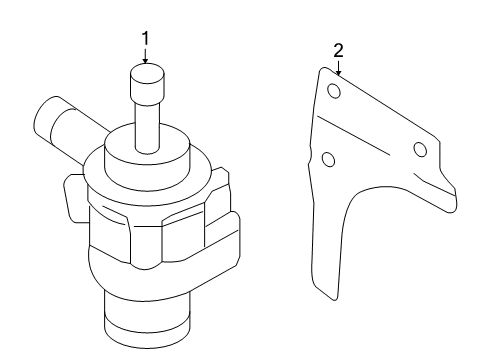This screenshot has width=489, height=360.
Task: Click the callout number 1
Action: tap(145, 38)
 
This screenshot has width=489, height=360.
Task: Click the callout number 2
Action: tap(338, 51)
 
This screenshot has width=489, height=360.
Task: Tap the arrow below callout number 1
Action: tap(145, 56)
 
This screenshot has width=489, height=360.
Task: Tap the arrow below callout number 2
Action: tap(339, 68)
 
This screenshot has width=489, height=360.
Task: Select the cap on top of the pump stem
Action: tap(147, 84)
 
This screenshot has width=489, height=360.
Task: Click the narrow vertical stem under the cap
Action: tap(147, 127)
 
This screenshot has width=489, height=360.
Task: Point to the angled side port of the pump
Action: tap(67, 128)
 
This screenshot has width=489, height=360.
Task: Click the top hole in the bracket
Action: tap(334, 91)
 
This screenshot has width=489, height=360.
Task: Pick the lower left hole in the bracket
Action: tap(329, 159)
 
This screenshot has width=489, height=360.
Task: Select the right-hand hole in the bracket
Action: tap(420, 149)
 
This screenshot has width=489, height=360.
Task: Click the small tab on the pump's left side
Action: tap(75, 198)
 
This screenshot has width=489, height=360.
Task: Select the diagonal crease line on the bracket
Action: tap(353, 135)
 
